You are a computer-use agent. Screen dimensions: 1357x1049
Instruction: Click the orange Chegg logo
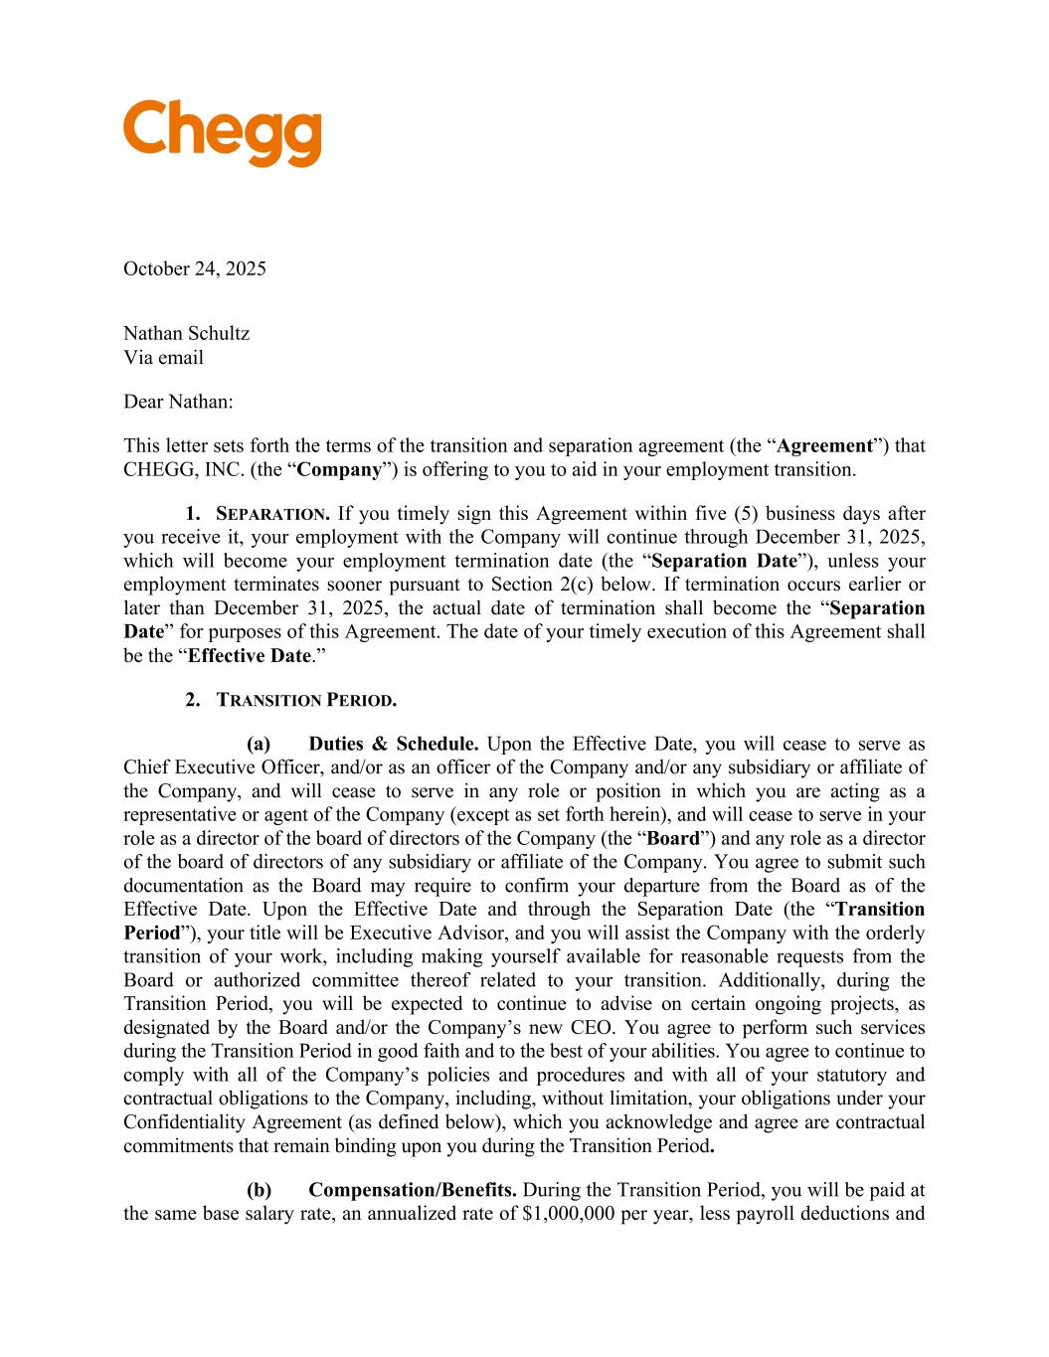pos(222,133)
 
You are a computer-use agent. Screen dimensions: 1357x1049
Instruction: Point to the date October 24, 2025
pos(195,268)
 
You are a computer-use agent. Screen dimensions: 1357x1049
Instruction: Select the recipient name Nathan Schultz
pos(186,333)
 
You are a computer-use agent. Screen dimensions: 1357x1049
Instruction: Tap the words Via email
pos(163,357)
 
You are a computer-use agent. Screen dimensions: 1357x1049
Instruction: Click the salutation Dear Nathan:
pos(178,402)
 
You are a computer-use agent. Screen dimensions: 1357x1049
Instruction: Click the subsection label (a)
pos(259,744)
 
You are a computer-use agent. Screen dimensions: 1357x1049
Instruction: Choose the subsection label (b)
pos(259,1190)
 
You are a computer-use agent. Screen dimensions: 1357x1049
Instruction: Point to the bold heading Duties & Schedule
pos(394,744)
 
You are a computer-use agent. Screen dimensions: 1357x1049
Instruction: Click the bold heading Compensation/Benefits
pos(412,1190)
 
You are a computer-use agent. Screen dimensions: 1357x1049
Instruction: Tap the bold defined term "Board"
pos(673,838)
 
